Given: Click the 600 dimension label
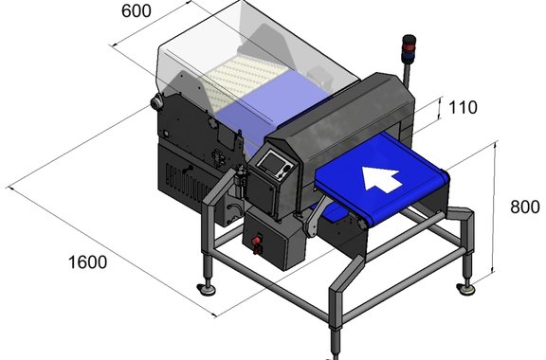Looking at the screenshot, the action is pos(136,11).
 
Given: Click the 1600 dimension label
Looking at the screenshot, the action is pos(88,262).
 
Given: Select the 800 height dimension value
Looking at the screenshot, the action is pos(525,207).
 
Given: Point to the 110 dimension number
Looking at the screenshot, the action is pos(463,108).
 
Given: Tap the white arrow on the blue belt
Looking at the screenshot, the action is pos(382,179).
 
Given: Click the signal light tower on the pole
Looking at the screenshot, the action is pos(409,48).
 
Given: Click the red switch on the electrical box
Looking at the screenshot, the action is pos(257,240).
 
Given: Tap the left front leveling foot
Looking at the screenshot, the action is pos(206,289).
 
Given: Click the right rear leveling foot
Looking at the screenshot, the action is pos(465,289).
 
